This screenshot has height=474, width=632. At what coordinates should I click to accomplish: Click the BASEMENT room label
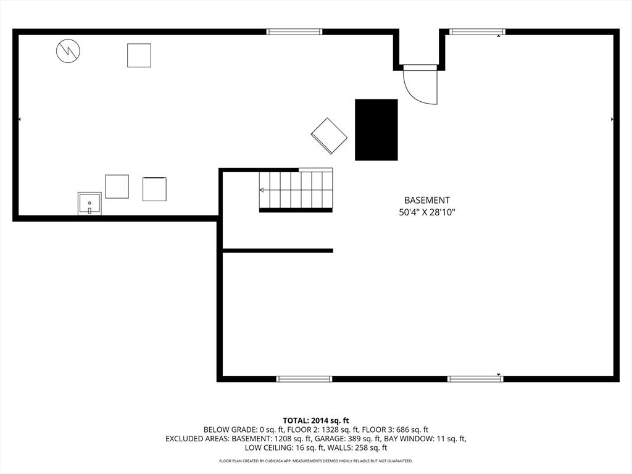pyautogui.click(x=427, y=200)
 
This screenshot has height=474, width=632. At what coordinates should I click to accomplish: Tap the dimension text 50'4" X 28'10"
pyautogui.click(x=427, y=212)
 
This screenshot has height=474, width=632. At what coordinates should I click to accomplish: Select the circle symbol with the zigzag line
pyautogui.click(x=68, y=51)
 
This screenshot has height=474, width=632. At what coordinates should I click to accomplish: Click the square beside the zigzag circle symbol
pyautogui.click(x=139, y=55)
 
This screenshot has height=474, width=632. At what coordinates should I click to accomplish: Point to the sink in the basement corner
pyautogui.click(x=89, y=203)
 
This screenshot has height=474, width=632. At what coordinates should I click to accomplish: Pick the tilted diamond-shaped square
pyautogui.click(x=329, y=136)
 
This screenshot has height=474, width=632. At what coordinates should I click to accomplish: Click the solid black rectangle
pyautogui.click(x=376, y=130)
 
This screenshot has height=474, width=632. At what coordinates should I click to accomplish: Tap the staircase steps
pyautogui.click(x=296, y=190)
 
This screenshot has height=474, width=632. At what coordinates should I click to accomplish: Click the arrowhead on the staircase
pyautogui.click(x=262, y=190)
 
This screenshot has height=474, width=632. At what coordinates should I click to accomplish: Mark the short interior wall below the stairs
pyautogui.click(x=278, y=251)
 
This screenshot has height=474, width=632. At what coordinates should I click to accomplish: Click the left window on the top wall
pyautogui.click(x=294, y=31)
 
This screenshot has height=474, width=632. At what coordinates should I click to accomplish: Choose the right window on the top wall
pyautogui.click(x=477, y=31)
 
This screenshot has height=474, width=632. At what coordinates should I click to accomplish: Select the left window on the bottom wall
pyautogui.click(x=304, y=379)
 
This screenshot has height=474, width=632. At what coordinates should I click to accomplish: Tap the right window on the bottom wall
pyautogui.click(x=475, y=379)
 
